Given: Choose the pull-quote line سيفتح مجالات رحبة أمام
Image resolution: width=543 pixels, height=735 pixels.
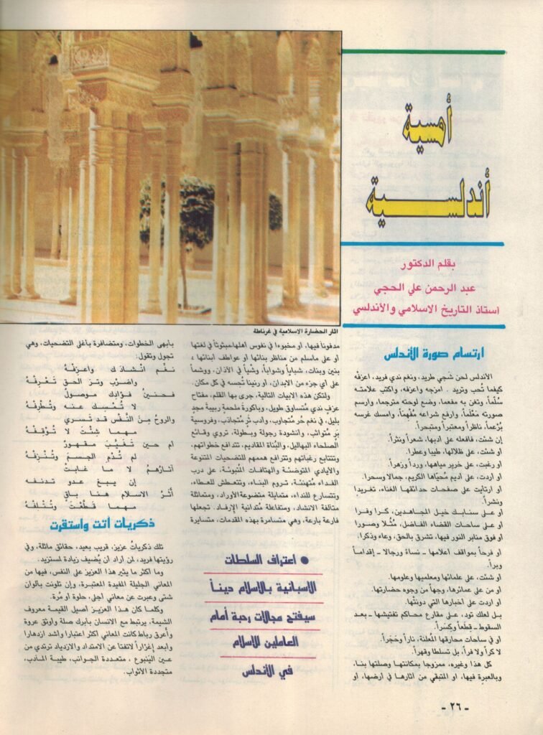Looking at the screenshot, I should (x=259, y=615).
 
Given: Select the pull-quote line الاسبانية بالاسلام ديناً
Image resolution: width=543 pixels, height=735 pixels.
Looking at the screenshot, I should (x=259, y=587).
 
